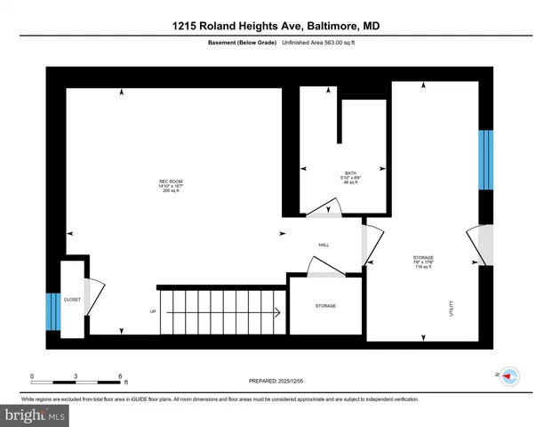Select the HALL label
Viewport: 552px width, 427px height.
[324, 244]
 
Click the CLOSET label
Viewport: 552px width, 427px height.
[72, 300]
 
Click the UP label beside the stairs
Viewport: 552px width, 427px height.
[153, 311]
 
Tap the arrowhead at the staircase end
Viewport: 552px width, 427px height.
[279, 311]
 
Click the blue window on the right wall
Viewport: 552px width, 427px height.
[485, 160]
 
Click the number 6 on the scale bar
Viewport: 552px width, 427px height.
[120, 375]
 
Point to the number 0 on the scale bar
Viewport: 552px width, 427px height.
[32, 375]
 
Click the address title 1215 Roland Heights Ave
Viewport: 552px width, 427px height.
[276, 27]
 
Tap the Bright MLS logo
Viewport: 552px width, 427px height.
[36, 415]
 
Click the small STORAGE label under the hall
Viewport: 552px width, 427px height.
[325, 306]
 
